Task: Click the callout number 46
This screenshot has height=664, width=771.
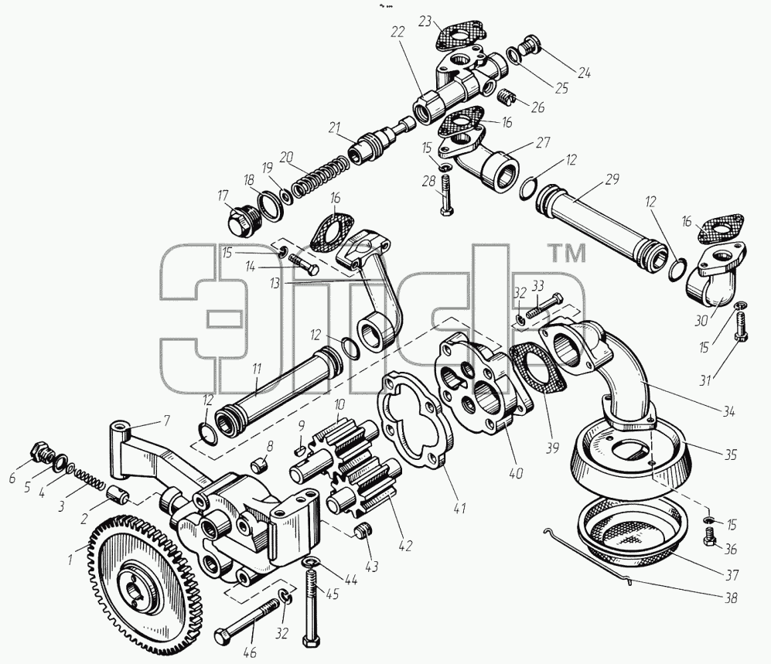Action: click(251, 652)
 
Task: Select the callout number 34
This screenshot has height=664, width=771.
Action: click(728, 411)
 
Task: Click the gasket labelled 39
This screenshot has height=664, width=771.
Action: click(537, 373)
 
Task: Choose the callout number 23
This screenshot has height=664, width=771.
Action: click(425, 21)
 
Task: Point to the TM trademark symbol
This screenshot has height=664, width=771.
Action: click(567, 254)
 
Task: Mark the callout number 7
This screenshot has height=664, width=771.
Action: click(166, 421)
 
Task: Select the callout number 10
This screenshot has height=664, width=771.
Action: click(338, 406)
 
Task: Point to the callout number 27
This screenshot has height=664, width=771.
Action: click(543, 142)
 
